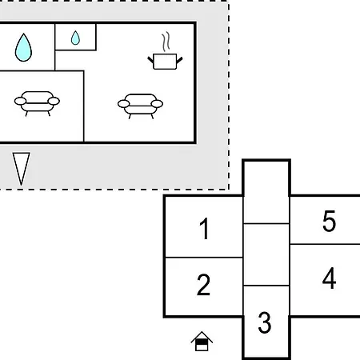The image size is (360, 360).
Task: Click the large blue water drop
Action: click(x=23, y=48)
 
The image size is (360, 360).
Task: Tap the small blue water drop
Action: click(x=75, y=38)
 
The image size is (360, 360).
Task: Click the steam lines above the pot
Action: click(x=166, y=42)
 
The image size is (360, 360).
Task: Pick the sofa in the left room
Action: click(x=37, y=103)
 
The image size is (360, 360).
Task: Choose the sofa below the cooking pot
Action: click(x=140, y=106)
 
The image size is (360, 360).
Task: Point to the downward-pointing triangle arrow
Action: click(x=22, y=169)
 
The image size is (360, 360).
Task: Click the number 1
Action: click(x=204, y=229)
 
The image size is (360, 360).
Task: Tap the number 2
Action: click(x=203, y=285)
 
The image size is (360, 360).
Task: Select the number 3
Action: click(x=265, y=322)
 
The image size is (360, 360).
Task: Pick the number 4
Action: click(x=329, y=278)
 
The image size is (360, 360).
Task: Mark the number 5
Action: click(x=329, y=221)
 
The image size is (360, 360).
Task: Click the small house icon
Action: click(x=202, y=341)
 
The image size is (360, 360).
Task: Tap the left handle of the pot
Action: click(x=150, y=60)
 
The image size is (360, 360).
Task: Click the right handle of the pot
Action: click(x=179, y=60)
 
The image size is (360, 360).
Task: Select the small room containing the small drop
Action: click(x=75, y=37)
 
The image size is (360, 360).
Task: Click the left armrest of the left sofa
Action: click(x=20, y=102)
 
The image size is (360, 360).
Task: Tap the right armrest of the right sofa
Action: click(x=157, y=104)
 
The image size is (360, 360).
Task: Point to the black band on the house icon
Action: click(x=202, y=342)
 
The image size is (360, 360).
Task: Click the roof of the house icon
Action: click(x=202, y=336)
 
